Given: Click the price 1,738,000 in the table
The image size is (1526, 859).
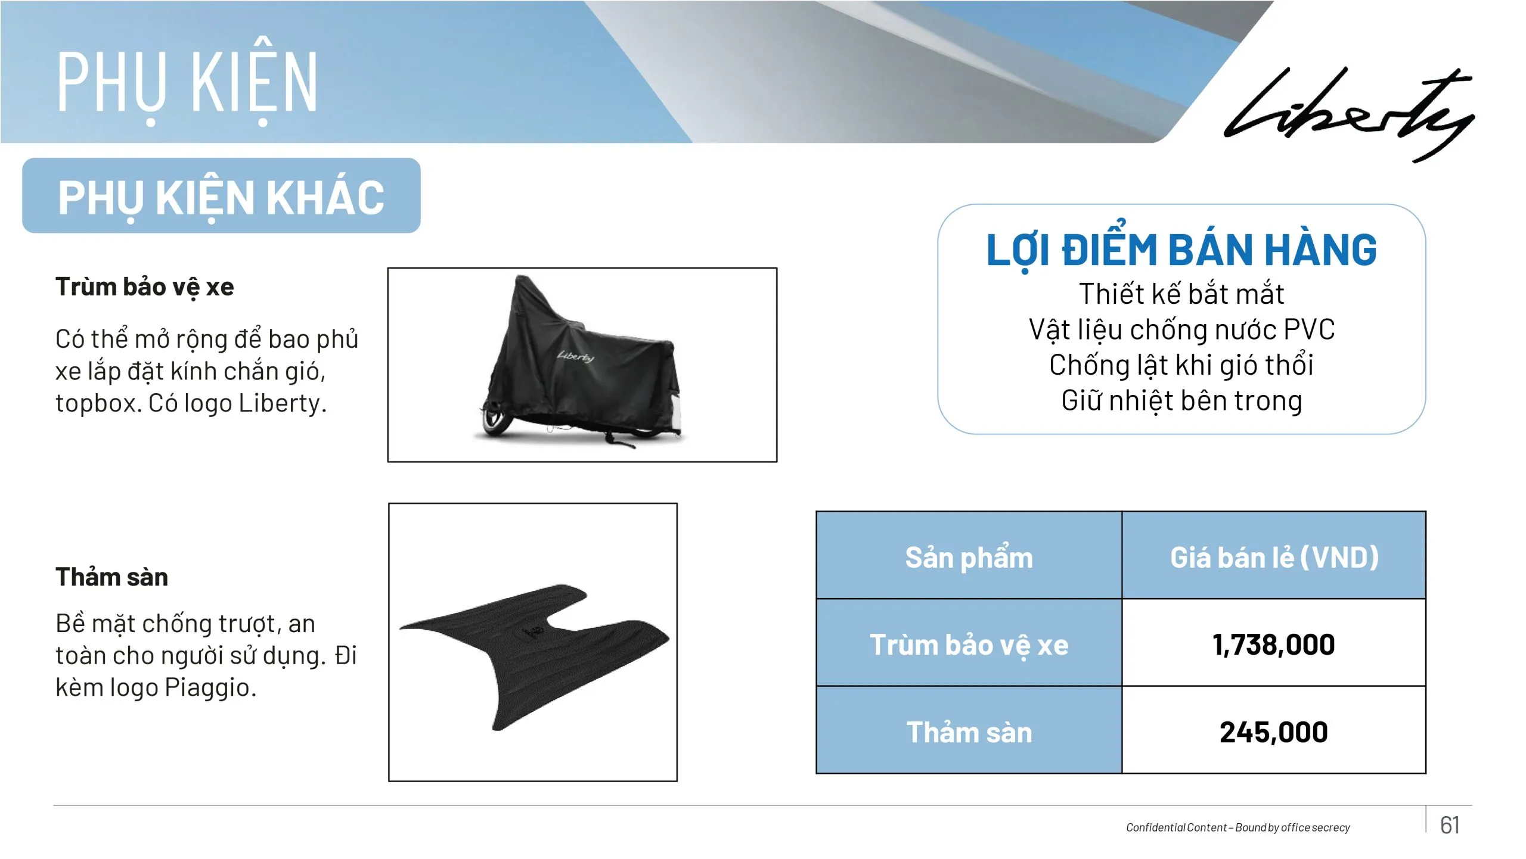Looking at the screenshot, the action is point(1274,645).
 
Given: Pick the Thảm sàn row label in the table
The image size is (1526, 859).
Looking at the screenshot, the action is point(969,732).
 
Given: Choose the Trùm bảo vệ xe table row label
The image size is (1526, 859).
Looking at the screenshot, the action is point(969,645).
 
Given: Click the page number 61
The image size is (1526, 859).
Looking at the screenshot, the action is point(1450,825).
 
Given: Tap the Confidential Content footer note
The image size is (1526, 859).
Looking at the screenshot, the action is point(1237,827).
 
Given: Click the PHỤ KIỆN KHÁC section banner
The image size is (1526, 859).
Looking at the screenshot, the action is point(221,195).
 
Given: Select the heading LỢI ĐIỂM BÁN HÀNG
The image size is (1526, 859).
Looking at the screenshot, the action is point(1181,250).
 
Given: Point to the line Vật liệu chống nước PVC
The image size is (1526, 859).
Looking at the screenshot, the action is point(1181,330).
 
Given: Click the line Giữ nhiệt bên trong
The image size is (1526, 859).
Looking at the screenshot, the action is point(1181,402).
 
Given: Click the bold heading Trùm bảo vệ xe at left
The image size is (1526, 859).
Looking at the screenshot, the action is point(145,288).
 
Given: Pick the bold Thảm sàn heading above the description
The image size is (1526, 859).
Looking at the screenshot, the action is point(112,577).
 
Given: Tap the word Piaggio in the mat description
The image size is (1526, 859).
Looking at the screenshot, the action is point(207,688).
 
